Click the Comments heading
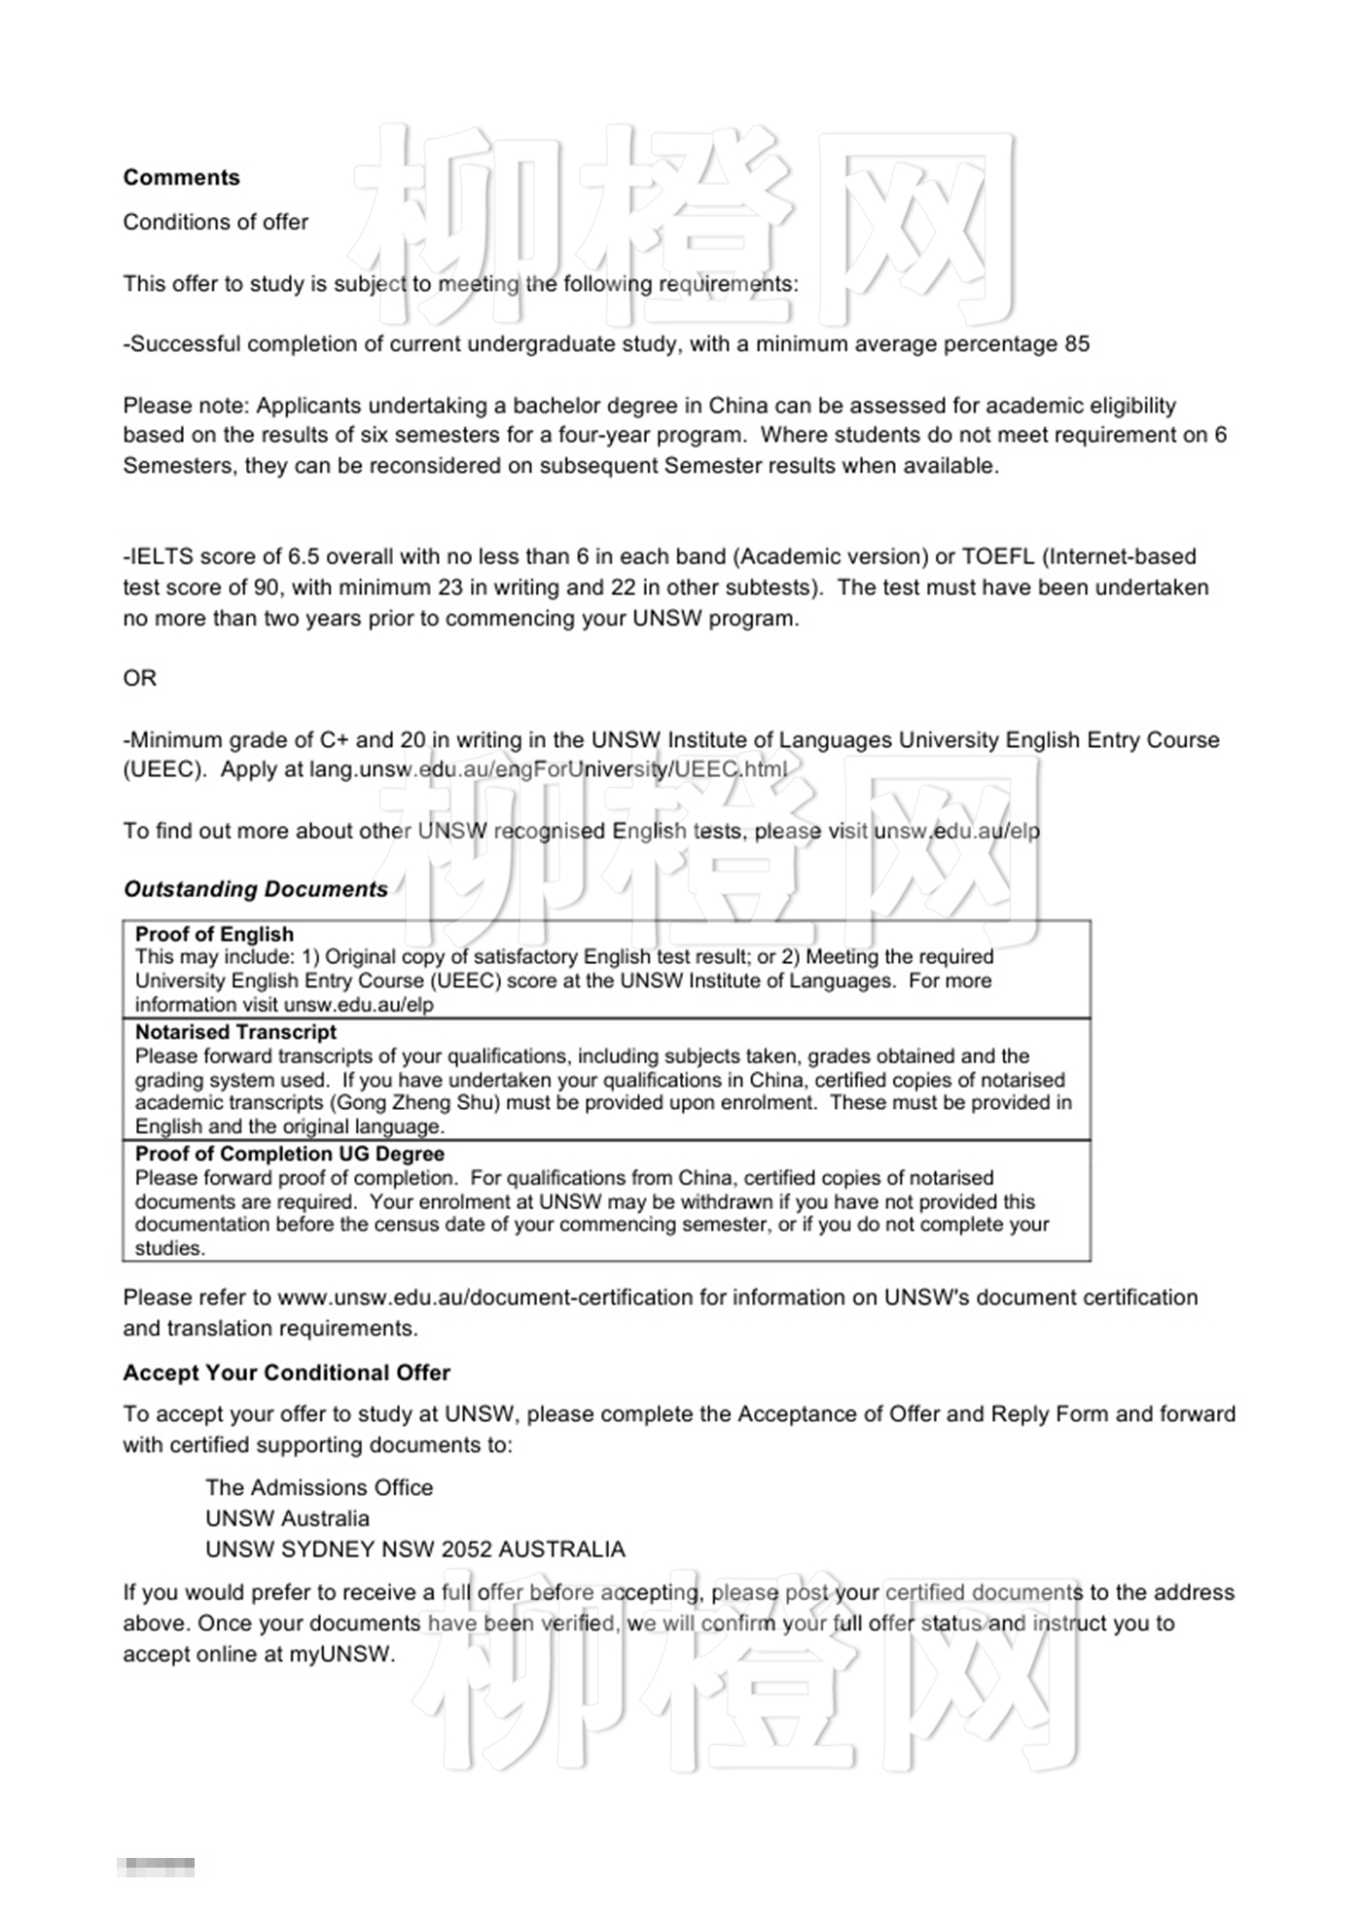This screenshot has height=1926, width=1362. (181, 177)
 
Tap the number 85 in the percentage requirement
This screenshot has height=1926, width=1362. (1076, 344)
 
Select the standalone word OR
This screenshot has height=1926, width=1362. (139, 678)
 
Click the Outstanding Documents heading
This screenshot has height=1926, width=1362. (256, 889)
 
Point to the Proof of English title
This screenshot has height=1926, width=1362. (214, 934)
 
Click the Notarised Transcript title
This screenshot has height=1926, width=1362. (235, 1032)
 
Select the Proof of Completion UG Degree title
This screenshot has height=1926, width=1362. (290, 1154)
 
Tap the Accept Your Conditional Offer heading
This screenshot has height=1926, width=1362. (286, 1373)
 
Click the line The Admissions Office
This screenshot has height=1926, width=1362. (319, 1487)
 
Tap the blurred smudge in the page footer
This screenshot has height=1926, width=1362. (156, 1867)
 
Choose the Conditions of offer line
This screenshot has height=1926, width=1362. (215, 223)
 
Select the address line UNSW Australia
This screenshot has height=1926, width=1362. (287, 1518)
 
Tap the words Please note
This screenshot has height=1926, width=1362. (186, 406)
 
